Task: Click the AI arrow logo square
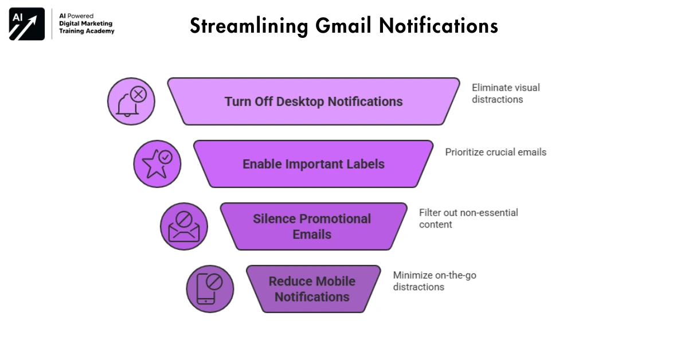(x=27, y=24)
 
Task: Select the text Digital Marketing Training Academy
(x=87, y=27)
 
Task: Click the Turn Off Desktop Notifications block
(x=313, y=101)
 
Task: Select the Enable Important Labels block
(x=313, y=164)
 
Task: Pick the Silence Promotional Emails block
(x=312, y=226)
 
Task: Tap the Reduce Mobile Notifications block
(x=312, y=289)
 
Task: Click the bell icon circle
(x=131, y=101)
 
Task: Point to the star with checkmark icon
(x=157, y=164)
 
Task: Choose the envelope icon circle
(x=183, y=226)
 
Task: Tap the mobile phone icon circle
(x=210, y=289)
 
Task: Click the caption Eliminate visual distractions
(x=505, y=93)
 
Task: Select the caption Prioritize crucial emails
(x=495, y=152)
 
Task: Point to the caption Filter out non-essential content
(x=468, y=218)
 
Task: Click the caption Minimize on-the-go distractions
(x=434, y=281)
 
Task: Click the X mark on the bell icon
(x=139, y=94)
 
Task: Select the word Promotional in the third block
(x=331, y=219)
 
